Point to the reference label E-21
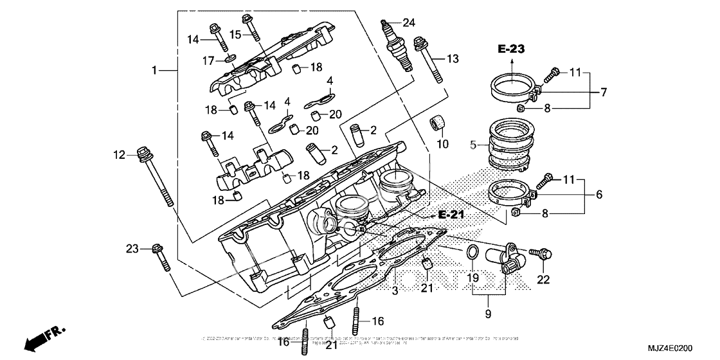[x=451, y=213]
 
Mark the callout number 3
[x=395, y=291]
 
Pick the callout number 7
[x=604, y=92]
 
